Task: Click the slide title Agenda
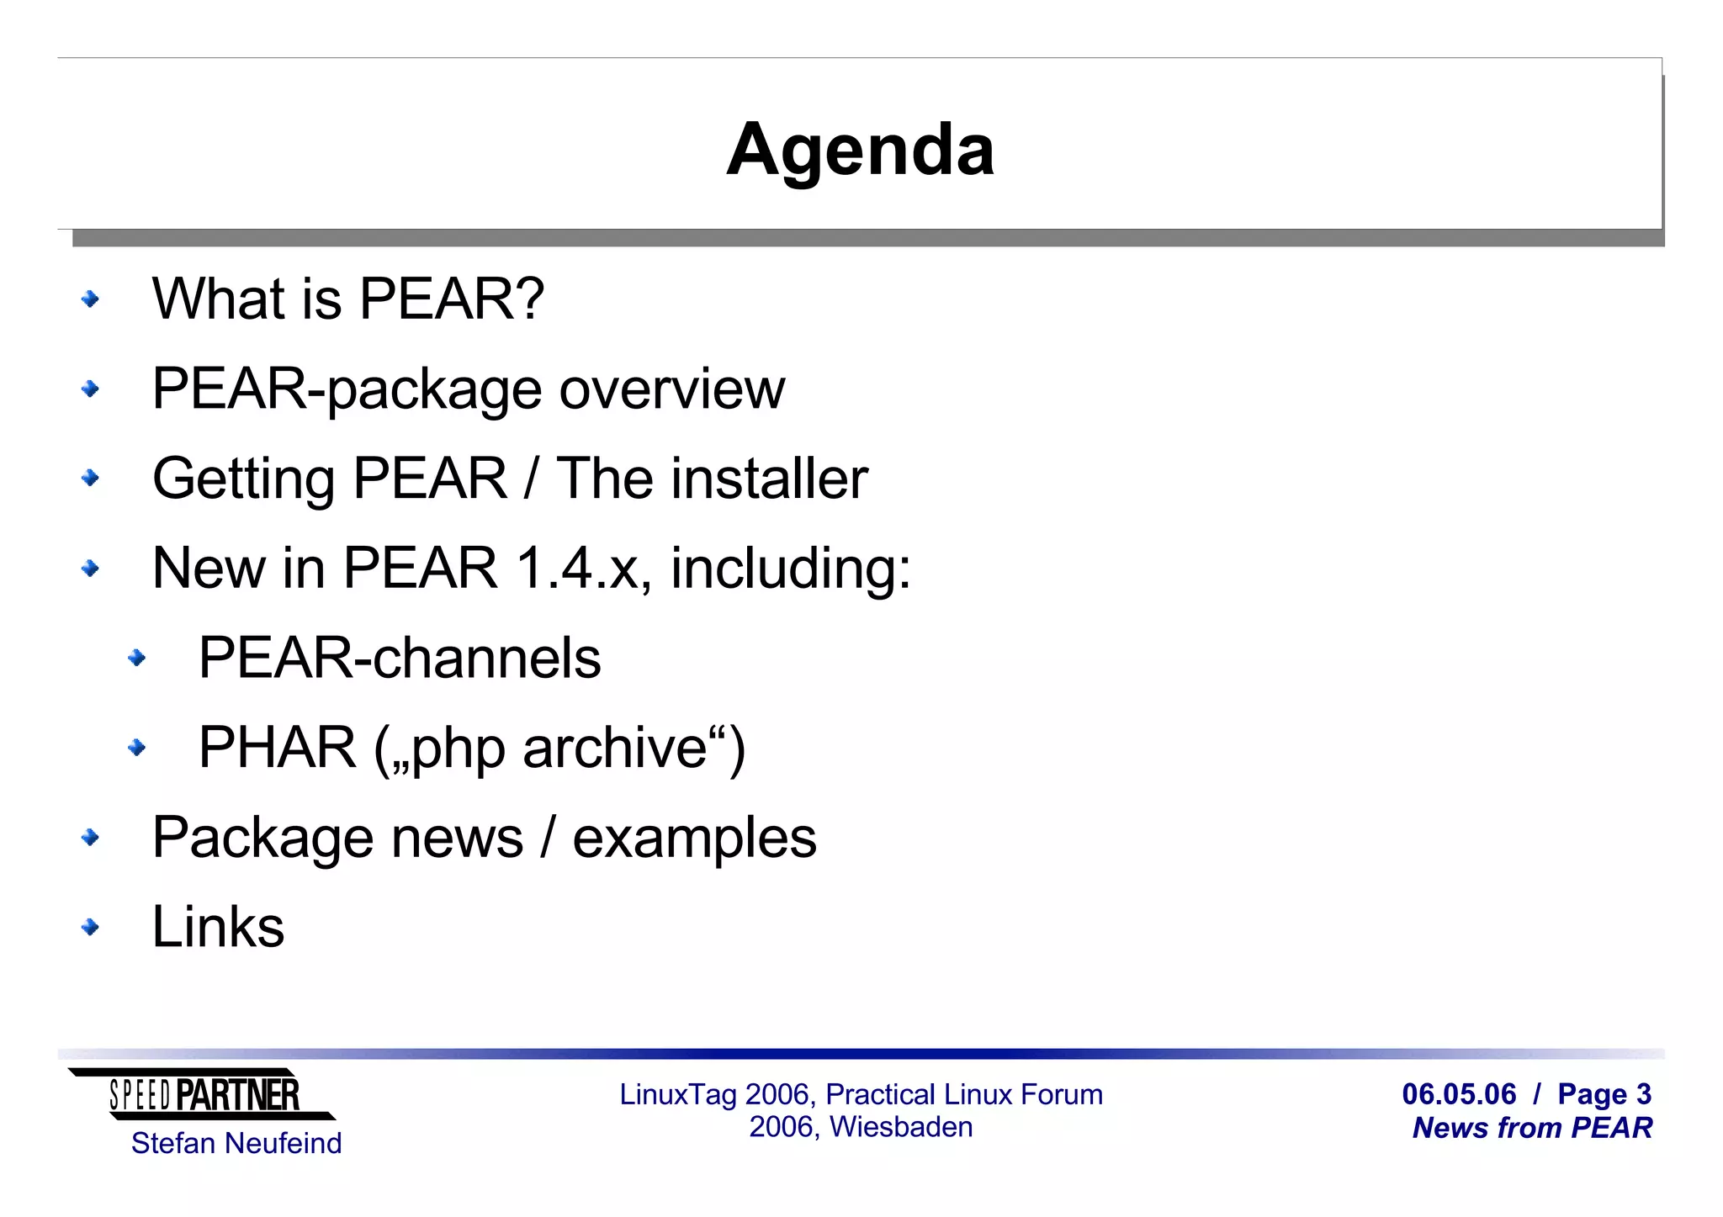pos(860,150)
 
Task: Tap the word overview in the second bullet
pos(671,389)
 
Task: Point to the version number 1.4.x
pos(580,569)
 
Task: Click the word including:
pos(790,569)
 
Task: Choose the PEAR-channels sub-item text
pos(400,658)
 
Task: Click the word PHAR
pos(277,748)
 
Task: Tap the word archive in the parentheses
pos(614,748)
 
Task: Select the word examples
pos(694,839)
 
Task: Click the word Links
pos(218,927)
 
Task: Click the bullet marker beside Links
pos(90,927)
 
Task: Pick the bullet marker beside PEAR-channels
pos(136,658)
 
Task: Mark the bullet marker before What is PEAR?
pos(90,299)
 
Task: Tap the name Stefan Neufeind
pos(236,1144)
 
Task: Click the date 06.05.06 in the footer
pos(1459,1094)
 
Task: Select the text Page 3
pos(1604,1094)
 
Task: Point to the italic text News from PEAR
pos(1532,1128)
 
